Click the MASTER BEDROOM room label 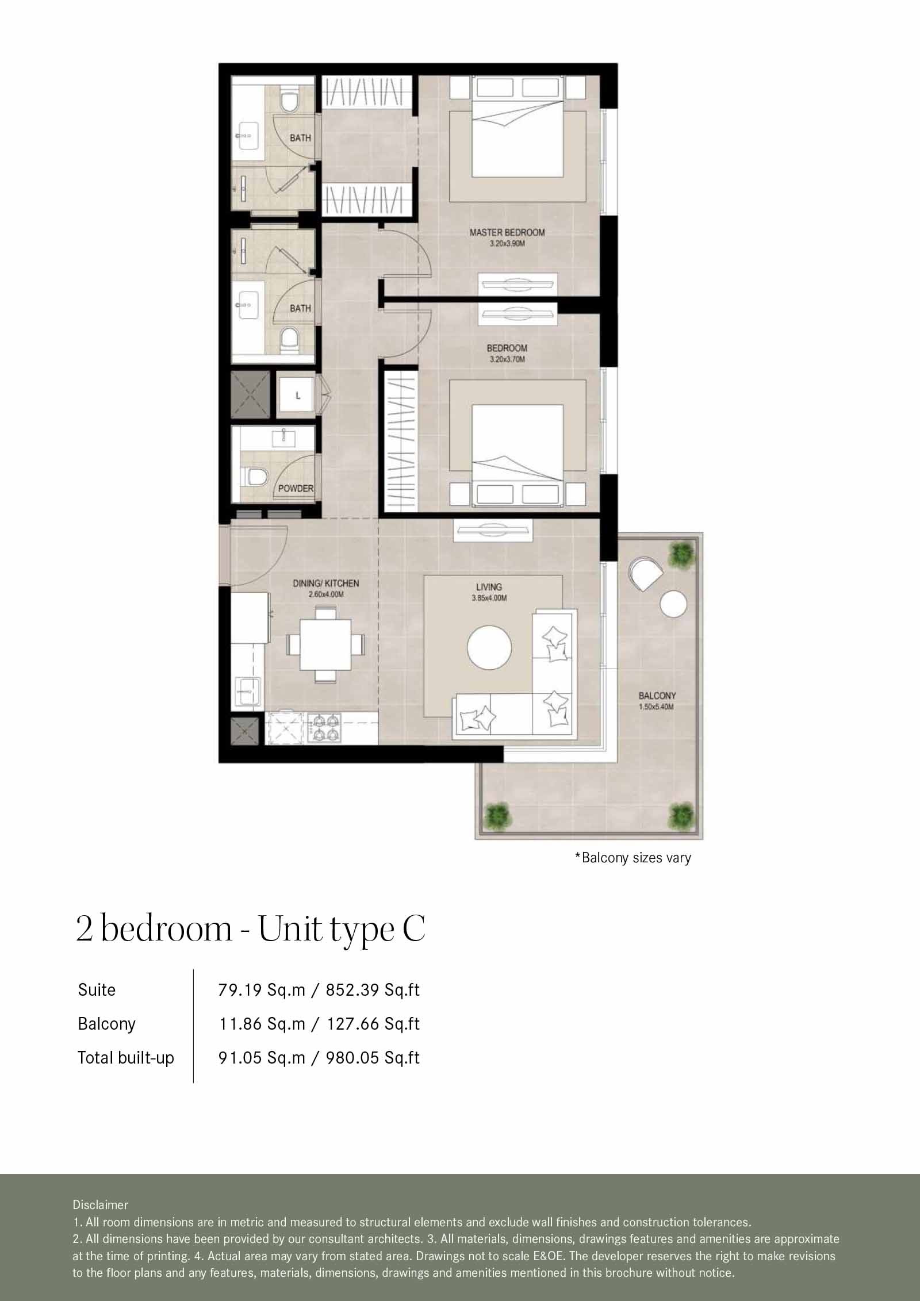tap(507, 233)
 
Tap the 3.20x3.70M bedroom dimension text tap(507, 360)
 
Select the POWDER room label tap(296, 489)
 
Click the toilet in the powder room tap(256, 477)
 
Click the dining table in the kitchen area tap(325, 644)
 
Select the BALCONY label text tap(657, 696)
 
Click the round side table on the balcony tap(673, 604)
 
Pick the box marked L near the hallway tap(297, 396)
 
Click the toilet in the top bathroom tap(289, 101)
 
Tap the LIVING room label tap(489, 587)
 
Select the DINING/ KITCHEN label tap(325, 584)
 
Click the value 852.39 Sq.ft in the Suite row tap(373, 990)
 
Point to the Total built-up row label tap(126, 1058)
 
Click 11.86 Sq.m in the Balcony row tap(262, 1024)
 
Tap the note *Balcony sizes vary tap(632, 858)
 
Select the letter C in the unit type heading tap(413, 928)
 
